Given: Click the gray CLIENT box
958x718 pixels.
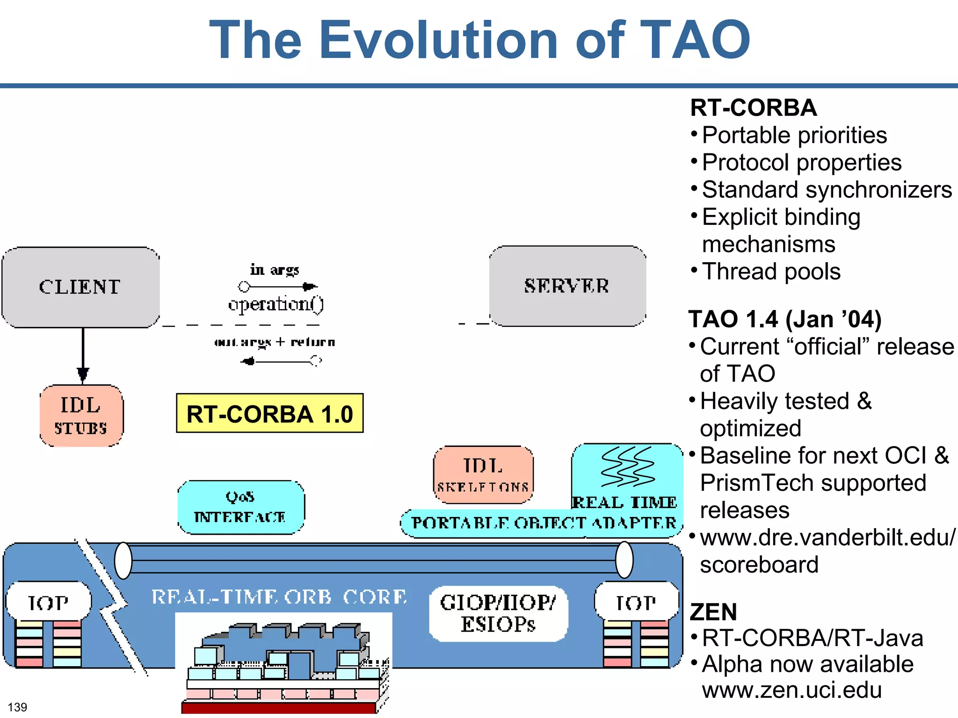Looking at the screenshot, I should pos(80,287).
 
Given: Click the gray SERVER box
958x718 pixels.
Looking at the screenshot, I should pos(567,286).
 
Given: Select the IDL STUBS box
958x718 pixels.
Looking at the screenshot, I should pos(81,416).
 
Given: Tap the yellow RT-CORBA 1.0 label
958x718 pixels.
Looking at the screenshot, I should pos(269,414).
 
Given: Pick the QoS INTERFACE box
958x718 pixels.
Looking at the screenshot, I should pos(240,507).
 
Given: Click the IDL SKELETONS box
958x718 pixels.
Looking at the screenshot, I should pos(483,474).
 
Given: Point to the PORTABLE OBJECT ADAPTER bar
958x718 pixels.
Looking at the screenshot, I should pos(543,523).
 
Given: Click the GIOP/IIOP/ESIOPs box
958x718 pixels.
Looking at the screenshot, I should pos(498,613).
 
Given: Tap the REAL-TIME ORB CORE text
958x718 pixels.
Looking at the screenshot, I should pos(279,597).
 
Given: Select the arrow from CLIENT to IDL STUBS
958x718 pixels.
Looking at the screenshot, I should pos(83,355).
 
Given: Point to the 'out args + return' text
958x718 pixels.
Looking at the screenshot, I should pos(275,342).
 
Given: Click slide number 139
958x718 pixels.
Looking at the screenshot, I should pos(17,707).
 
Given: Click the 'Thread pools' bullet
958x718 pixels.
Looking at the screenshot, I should pos(771,272).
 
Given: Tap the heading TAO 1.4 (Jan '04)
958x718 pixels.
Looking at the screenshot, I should pos(784,320).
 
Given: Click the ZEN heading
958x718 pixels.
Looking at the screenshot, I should pos(713,612).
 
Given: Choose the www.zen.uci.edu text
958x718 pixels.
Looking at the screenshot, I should pos(791,690).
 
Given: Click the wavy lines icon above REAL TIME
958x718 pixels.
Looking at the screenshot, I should pos(627,467).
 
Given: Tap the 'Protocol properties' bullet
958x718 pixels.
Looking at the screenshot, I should pos(801,163).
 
